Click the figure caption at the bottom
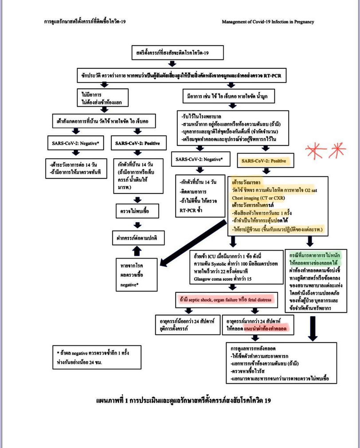pyautogui.click(x=183, y=401)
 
